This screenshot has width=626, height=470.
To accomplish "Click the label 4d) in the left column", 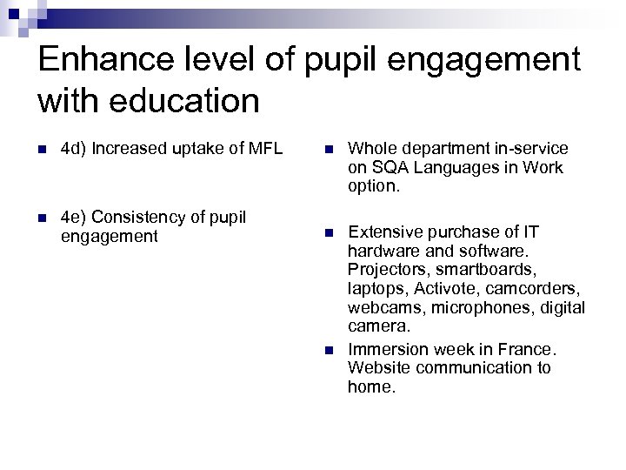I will click(73, 149).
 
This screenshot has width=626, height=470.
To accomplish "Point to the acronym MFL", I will click(265, 149).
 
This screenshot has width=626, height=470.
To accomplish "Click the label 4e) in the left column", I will click(73, 217).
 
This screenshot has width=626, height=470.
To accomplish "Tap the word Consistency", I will click(141, 217).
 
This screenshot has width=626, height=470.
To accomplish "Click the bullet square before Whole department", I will click(329, 150).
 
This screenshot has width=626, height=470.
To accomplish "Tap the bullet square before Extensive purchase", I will click(329, 233).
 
